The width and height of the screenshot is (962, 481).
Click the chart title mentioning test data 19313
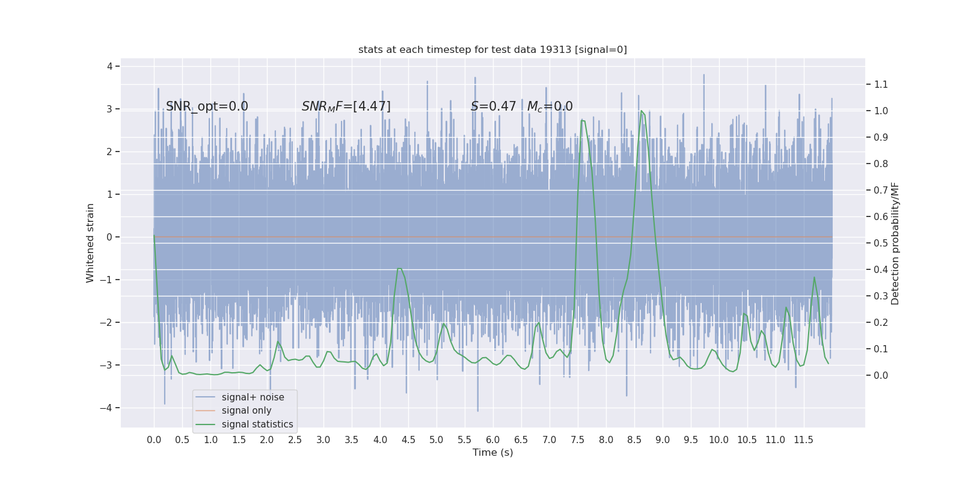(x=492, y=50)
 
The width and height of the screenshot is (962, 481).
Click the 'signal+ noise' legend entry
(x=253, y=397)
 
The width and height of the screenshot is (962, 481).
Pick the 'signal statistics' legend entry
(x=257, y=424)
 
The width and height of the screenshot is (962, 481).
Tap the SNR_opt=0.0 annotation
(x=207, y=106)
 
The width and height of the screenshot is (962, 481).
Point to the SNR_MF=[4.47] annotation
(x=346, y=106)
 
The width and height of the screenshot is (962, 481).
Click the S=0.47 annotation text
(x=493, y=106)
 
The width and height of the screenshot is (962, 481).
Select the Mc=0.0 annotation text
(x=550, y=106)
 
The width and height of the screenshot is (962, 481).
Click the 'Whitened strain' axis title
(x=90, y=243)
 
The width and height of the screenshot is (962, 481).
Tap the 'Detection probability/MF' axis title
(x=895, y=243)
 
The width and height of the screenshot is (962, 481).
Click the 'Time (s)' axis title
(x=492, y=453)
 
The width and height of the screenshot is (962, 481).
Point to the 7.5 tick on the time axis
(x=577, y=440)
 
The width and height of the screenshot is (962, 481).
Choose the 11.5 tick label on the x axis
(x=803, y=440)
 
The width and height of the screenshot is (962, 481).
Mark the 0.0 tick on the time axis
(x=154, y=440)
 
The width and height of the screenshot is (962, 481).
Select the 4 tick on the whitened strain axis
(x=109, y=66)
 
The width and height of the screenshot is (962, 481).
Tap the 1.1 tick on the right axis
(x=881, y=84)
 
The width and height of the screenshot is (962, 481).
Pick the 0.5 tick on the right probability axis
(x=881, y=243)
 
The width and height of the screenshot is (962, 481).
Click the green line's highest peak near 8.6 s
(x=642, y=111)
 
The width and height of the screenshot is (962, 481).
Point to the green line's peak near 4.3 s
(x=399, y=268)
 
